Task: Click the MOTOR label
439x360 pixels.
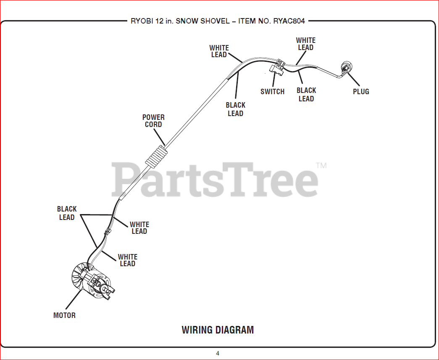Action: [x=64, y=315]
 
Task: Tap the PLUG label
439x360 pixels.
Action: [x=361, y=92]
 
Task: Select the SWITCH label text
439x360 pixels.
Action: [x=272, y=92]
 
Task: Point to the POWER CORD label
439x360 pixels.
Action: [x=153, y=121]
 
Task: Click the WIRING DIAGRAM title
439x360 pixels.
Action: [x=218, y=330]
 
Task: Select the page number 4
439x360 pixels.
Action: [x=218, y=353]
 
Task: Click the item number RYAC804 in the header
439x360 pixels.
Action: [x=289, y=21]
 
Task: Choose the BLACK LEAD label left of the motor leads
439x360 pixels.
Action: [x=67, y=213]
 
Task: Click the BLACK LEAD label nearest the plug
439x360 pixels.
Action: [x=306, y=95]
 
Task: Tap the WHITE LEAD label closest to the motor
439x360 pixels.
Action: [x=127, y=260]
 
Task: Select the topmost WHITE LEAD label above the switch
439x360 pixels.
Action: [x=305, y=44]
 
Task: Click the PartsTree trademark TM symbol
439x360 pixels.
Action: [x=321, y=166]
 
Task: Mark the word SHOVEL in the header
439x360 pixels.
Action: [x=212, y=21]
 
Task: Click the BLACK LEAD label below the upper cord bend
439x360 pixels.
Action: [x=235, y=109]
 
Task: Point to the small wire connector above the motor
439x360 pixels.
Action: [x=108, y=231]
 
